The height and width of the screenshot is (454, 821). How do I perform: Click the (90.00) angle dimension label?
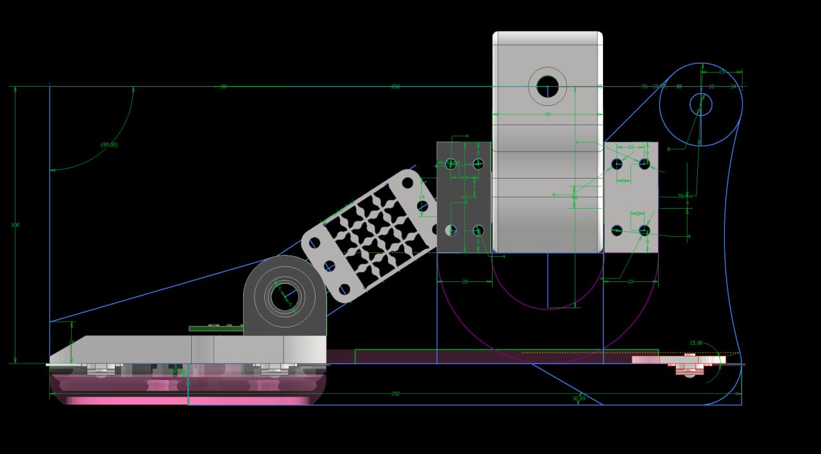click(109, 145)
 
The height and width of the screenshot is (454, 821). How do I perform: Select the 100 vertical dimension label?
click(15, 225)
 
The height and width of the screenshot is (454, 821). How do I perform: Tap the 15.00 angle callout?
click(696, 343)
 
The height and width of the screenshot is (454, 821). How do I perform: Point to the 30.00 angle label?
click(579, 398)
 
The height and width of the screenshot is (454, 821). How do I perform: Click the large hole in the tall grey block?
click(547, 86)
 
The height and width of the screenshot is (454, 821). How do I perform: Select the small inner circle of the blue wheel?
click(700, 104)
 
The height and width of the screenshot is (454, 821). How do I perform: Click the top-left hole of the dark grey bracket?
click(451, 164)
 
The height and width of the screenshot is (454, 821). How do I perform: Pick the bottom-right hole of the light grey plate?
click(645, 230)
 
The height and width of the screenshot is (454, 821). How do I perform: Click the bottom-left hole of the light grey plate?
click(617, 230)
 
